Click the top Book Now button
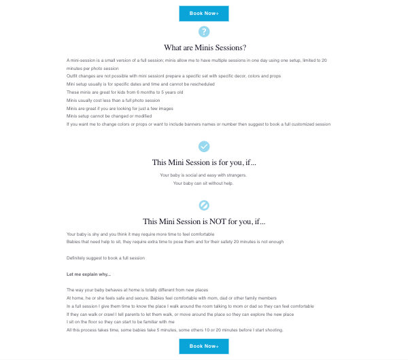pos(203,13)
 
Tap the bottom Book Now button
pos(203,346)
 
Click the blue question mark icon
pos(203,31)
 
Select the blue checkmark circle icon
pos(203,146)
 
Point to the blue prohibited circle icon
pos(203,205)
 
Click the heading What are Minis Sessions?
pos(205,48)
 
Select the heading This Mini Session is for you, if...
pos(204,162)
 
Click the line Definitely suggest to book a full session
pos(105,258)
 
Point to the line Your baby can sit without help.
pos(203,183)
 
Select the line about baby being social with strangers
pos(203,175)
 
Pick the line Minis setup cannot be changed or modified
pos(109,116)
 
